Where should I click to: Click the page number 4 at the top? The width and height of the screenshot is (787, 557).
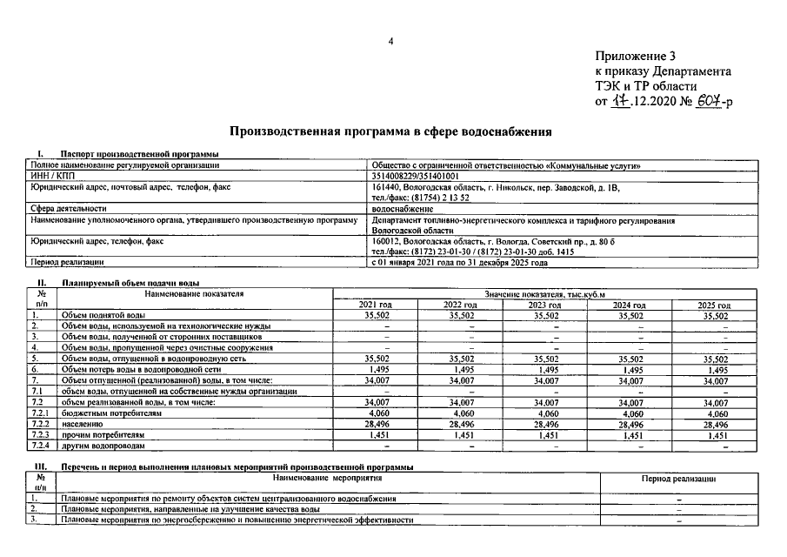[x=391, y=41]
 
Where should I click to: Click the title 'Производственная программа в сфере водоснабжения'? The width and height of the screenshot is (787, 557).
[x=390, y=132]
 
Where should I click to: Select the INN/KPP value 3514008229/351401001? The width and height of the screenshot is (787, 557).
[x=416, y=176]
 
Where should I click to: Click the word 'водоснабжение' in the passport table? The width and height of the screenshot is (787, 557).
[x=401, y=209]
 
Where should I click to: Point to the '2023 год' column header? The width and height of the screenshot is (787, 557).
[x=545, y=305]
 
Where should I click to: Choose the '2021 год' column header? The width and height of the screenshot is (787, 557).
[x=375, y=305]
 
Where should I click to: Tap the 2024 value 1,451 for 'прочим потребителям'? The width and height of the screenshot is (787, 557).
[x=630, y=434]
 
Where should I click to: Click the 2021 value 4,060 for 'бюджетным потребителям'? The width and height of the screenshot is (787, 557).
[x=375, y=414]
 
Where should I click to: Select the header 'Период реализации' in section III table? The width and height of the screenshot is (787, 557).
[x=678, y=479]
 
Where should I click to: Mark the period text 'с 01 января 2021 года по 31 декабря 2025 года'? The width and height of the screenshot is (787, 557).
[x=459, y=262]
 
